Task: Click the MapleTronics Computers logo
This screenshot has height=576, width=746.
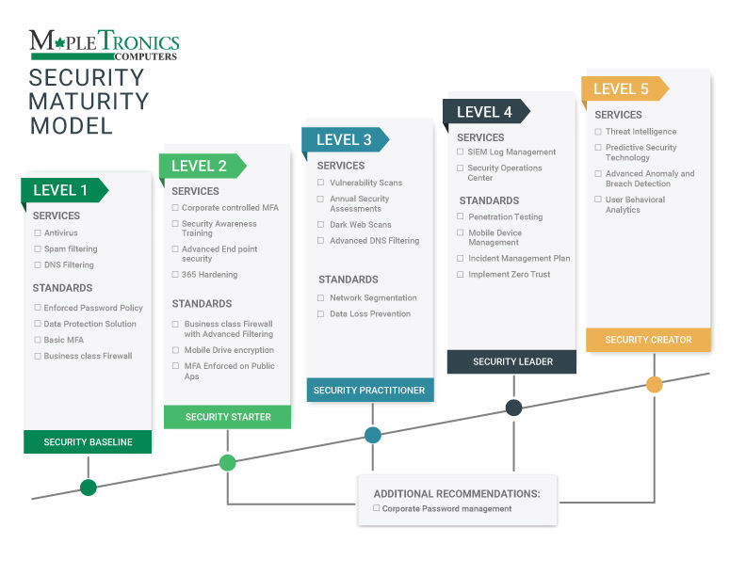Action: point(104,43)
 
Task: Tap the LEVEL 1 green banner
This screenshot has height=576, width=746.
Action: point(62,190)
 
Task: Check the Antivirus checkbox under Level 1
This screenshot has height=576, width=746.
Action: point(38,232)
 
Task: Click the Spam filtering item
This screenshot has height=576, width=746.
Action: point(71,249)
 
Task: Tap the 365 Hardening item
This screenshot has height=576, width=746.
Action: point(209,275)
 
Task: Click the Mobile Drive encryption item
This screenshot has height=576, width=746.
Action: point(229,350)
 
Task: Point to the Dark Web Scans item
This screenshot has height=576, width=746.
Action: point(360,225)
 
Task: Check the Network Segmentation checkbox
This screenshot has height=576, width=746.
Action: point(321,298)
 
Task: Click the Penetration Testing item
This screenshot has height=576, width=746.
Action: point(505,216)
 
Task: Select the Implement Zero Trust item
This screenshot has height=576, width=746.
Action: point(509,275)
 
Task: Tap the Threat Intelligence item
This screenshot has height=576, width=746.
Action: point(641,132)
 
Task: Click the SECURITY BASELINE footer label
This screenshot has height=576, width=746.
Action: point(88,442)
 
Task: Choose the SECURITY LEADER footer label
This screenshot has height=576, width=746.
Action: point(512,361)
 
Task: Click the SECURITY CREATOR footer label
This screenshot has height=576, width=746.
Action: point(648,340)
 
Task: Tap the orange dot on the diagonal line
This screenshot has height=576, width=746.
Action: point(654,384)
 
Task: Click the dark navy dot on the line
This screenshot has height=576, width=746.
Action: point(513,408)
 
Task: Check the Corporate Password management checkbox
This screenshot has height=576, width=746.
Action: point(377,508)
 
